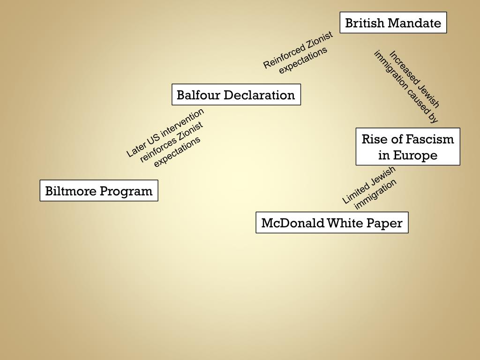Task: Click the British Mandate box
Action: [x=393, y=22]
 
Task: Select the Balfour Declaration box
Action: [x=236, y=95]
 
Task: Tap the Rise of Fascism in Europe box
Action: [x=407, y=147]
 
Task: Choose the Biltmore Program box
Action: [x=98, y=191]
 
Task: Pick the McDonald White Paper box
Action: [x=331, y=223]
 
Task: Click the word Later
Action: [x=135, y=149]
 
